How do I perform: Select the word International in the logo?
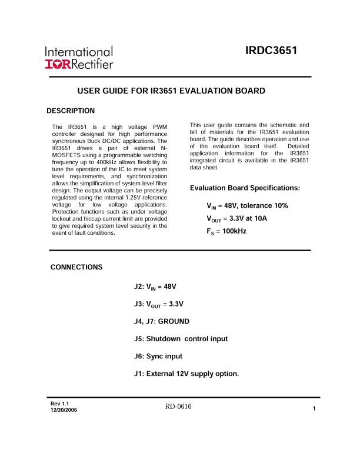pyautogui.click(x=78, y=52)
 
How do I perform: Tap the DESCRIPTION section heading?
pyautogui.click(x=71, y=111)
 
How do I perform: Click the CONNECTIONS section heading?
pyautogui.click(x=76, y=267)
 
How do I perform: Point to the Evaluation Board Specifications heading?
pyautogui.click(x=245, y=188)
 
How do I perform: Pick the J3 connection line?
pyautogui.click(x=159, y=304)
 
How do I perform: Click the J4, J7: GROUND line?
pyautogui.click(x=162, y=321)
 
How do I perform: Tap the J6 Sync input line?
pyautogui.click(x=158, y=356)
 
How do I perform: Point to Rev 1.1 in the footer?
pyautogui.click(x=60, y=404)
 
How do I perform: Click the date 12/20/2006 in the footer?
pyautogui.click(x=64, y=410)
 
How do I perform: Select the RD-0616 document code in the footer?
pyautogui.click(x=178, y=407)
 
